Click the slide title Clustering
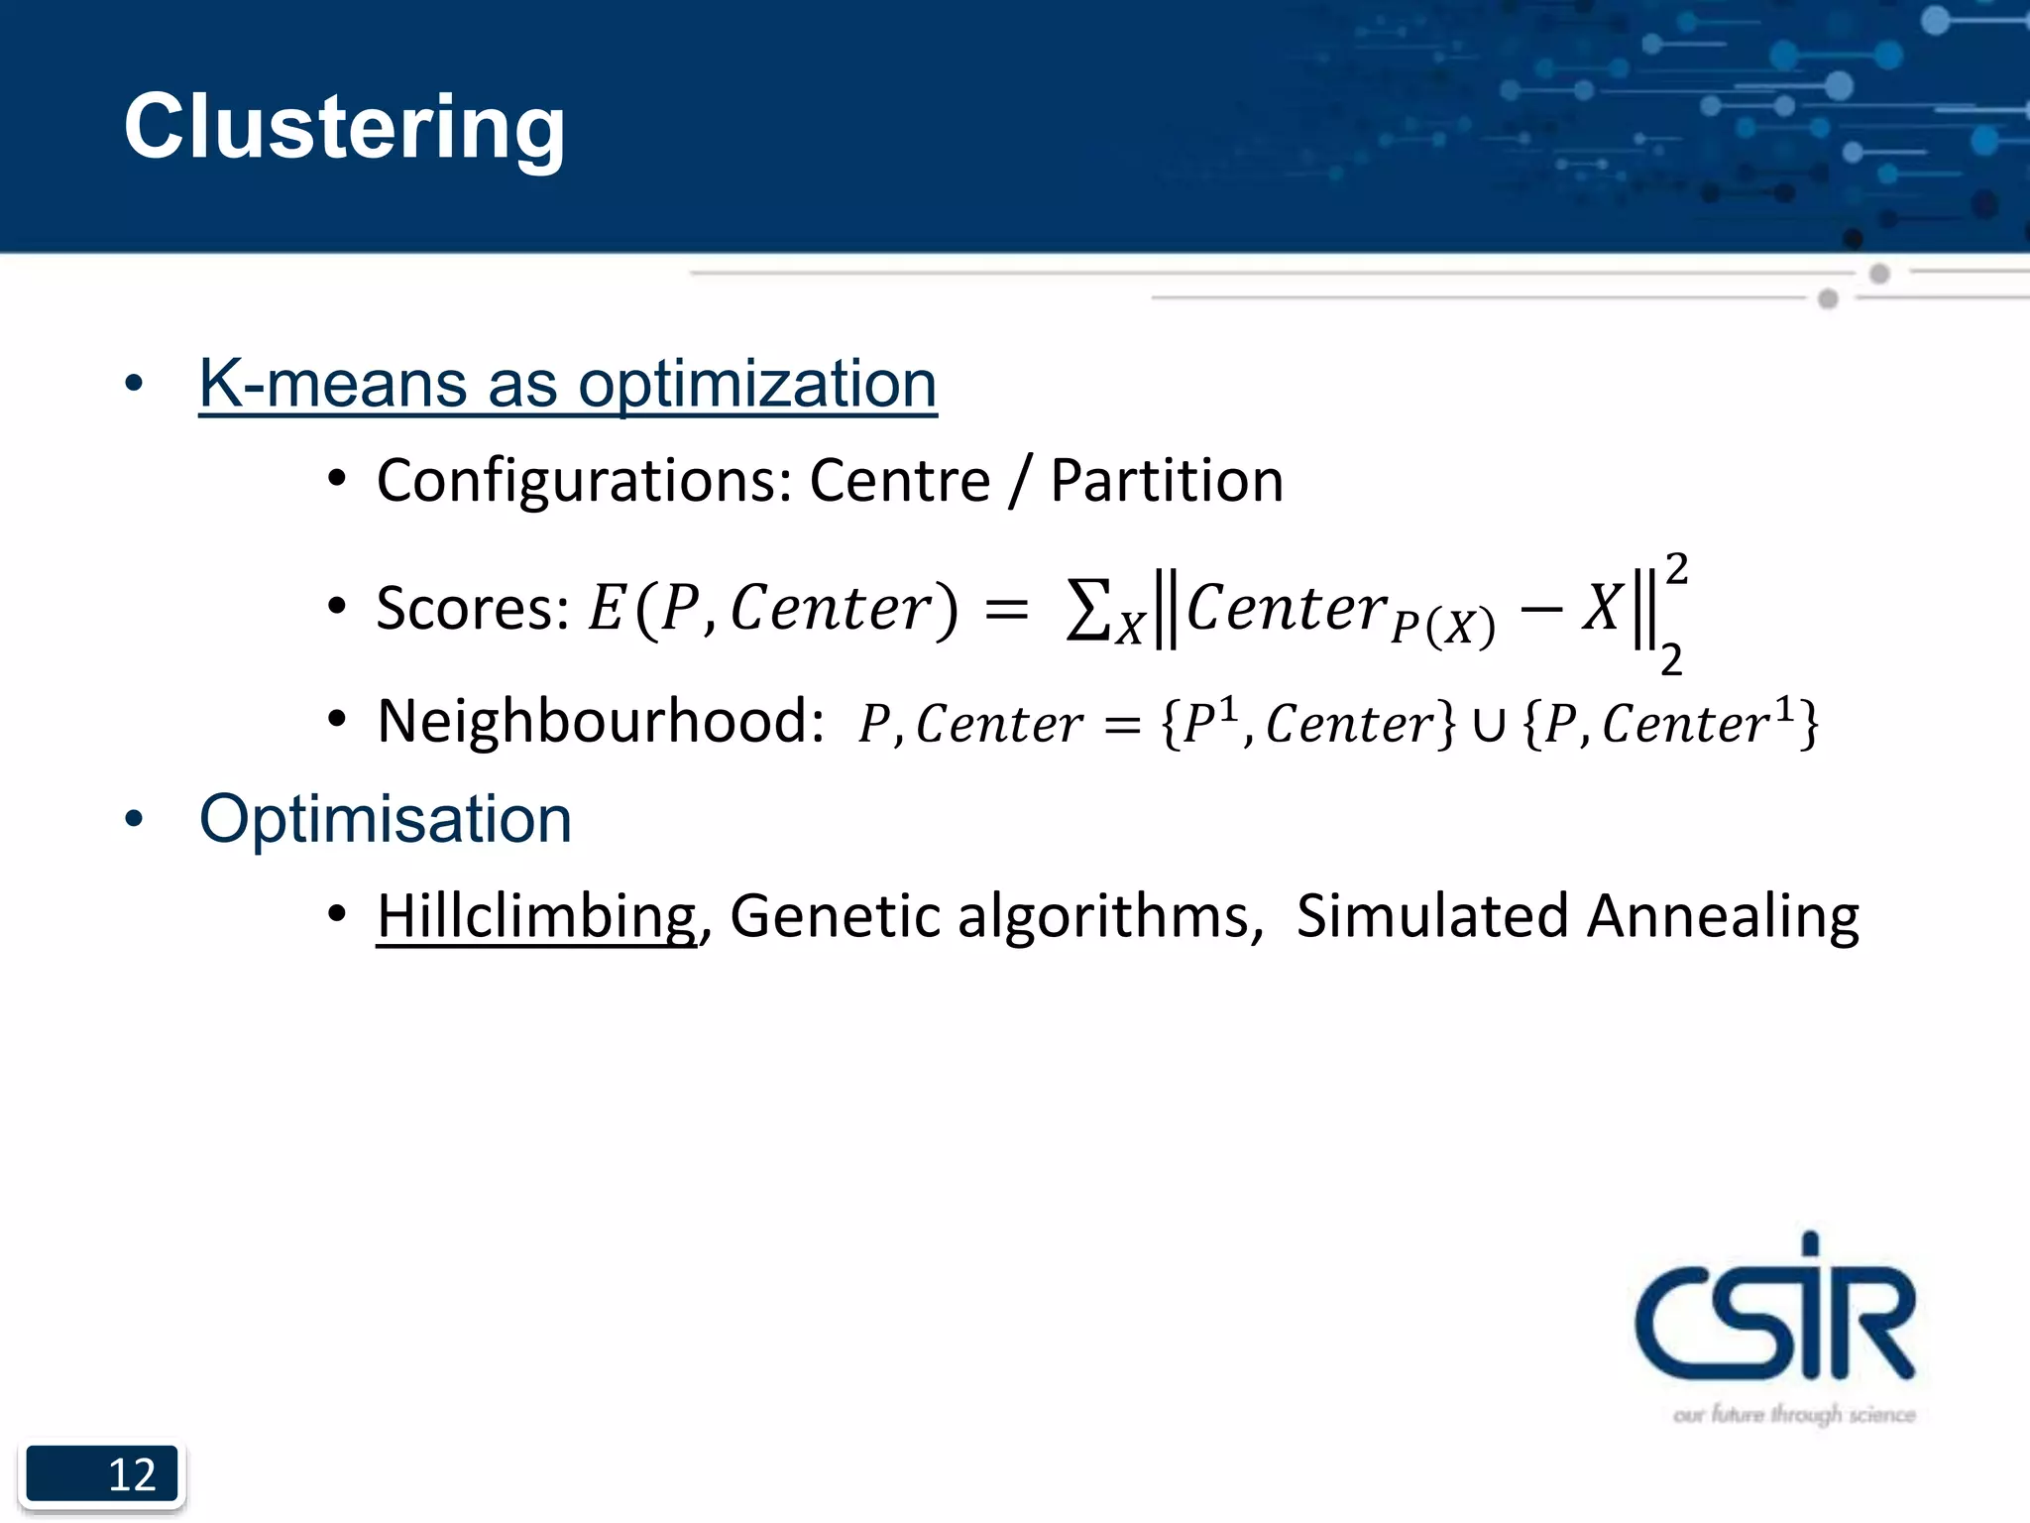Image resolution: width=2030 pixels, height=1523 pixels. (x=344, y=127)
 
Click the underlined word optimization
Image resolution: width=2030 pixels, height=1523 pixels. (x=757, y=384)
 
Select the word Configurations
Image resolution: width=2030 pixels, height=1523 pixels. (x=583, y=481)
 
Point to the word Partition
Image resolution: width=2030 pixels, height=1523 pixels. (x=1167, y=481)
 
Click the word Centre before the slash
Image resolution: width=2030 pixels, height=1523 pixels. (x=899, y=481)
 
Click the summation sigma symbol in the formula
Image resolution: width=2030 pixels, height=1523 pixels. (x=1086, y=609)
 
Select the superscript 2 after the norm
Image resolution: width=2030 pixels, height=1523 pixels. (x=1676, y=569)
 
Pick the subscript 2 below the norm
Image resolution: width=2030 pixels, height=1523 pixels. (x=1671, y=659)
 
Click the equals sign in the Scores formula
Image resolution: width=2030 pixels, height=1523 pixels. (x=1006, y=609)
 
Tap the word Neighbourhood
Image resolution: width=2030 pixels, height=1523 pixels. (x=600, y=721)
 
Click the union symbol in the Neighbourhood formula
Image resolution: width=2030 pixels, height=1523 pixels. (x=1488, y=724)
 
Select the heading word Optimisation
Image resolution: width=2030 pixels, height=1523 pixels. (x=386, y=820)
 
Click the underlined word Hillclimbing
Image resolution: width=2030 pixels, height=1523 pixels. (x=536, y=915)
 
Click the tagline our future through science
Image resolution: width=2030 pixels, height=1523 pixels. (x=1793, y=1414)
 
